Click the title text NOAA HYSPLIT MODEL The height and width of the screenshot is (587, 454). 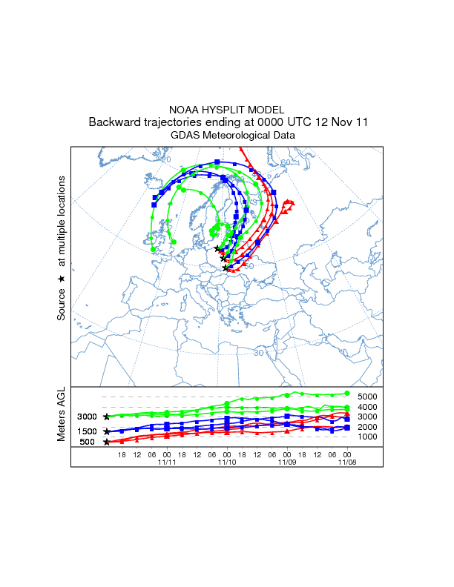tap(227, 110)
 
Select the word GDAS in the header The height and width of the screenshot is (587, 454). tap(185, 136)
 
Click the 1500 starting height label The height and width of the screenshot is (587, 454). tap(88, 431)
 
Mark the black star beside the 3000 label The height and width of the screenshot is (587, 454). tap(107, 417)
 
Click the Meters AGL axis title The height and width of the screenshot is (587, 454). tap(62, 415)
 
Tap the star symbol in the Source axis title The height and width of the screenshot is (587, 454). tap(62, 278)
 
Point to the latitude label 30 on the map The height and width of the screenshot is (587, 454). tap(258, 353)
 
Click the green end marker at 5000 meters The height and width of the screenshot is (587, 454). tap(347, 394)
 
